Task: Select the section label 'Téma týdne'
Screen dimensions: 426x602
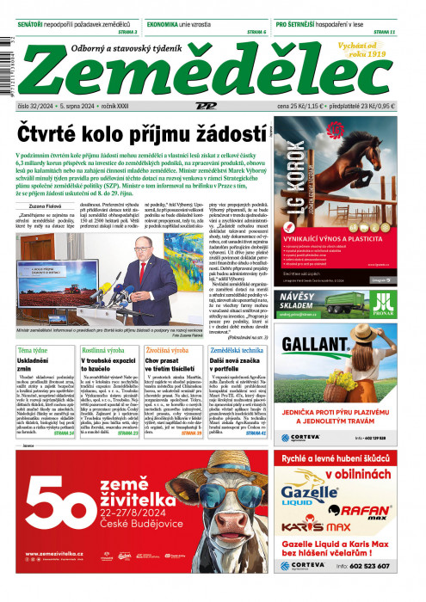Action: [x=34, y=351]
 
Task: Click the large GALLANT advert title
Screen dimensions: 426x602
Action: [x=323, y=346]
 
